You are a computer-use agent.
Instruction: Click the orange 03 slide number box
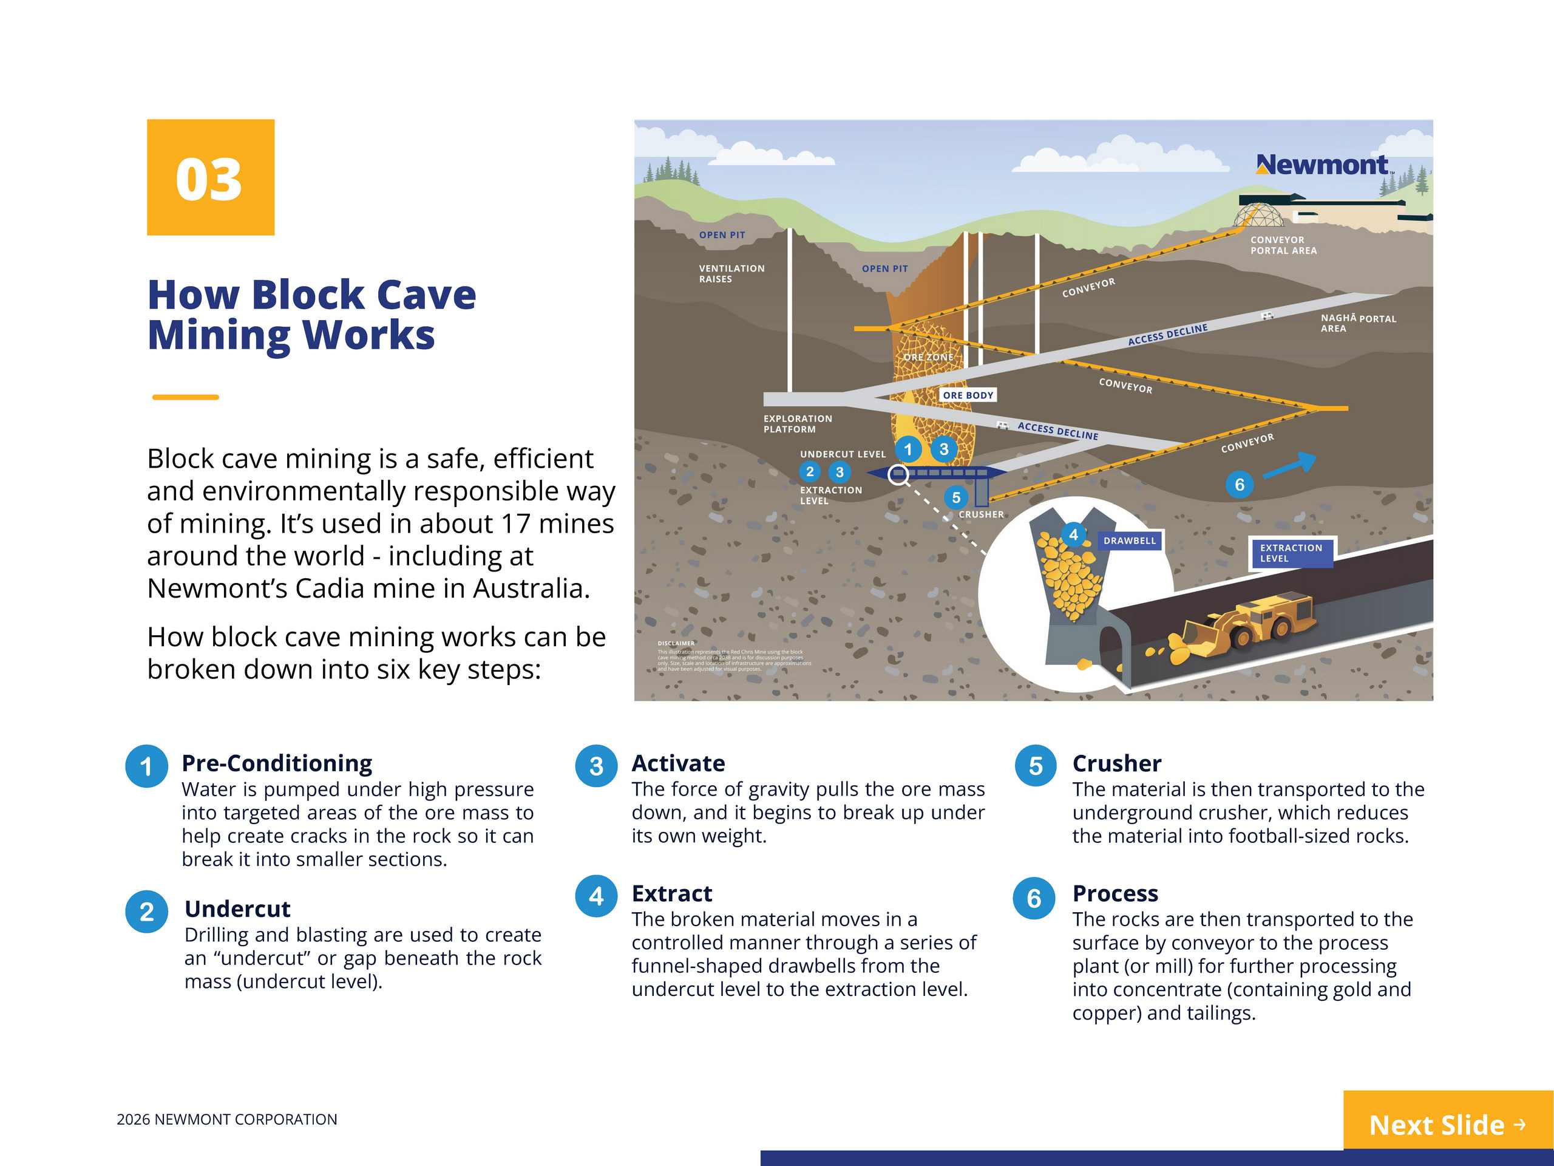pos(210,177)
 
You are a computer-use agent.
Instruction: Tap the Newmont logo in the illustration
pos(1322,165)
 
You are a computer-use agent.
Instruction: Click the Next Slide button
pos(1447,1124)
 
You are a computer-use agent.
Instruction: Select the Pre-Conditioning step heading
pos(277,763)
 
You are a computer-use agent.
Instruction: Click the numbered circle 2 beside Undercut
pos(146,912)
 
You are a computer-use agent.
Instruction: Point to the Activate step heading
pos(678,763)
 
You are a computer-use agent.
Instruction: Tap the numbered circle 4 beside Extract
pos(595,896)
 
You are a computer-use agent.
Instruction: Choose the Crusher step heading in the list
pos(1116,763)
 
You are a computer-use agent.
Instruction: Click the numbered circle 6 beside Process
pos(1033,898)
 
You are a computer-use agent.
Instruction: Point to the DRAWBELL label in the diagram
pos(1129,540)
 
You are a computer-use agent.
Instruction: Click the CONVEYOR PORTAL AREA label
pos(1283,245)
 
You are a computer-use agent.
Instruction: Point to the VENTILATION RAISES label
pos(731,273)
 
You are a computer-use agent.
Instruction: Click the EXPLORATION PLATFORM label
pos(798,424)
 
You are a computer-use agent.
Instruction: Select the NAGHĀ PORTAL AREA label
pos(1357,323)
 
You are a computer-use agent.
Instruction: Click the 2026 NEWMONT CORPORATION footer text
pos(227,1119)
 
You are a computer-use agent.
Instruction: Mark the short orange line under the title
pos(186,397)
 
